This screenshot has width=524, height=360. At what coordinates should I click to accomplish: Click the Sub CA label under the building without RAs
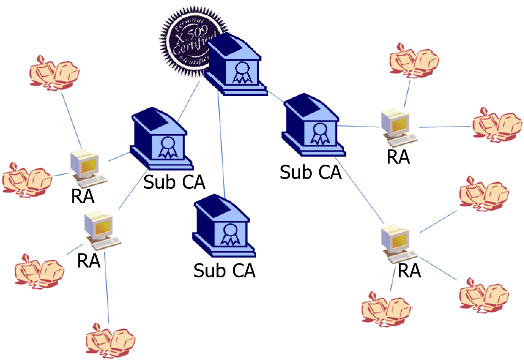[224, 271]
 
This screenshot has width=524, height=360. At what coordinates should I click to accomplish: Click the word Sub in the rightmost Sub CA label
[295, 172]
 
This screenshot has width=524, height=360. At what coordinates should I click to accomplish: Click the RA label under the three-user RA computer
[409, 271]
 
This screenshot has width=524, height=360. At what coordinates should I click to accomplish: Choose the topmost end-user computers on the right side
[414, 60]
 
